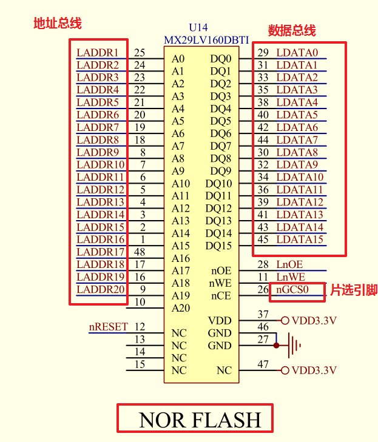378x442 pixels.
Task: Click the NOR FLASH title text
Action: pos(200,420)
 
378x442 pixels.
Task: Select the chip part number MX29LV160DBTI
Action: pos(206,39)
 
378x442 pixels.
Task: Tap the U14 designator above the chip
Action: pos(198,28)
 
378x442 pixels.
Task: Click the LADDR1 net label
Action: pos(98,53)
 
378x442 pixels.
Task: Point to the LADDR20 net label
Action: pos(101,289)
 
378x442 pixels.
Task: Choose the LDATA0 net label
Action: pos(297,53)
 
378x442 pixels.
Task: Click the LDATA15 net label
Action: pos(300,239)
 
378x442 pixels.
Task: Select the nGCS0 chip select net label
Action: pos(292,289)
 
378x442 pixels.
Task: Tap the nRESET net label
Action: pos(109,327)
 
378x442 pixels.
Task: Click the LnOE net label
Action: pos(289,264)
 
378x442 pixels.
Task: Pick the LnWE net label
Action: pos(290,277)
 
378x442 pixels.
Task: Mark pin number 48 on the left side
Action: pos(140,252)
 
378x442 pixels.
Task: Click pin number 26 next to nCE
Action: pos(263,289)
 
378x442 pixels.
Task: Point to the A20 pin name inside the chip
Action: pos(180,308)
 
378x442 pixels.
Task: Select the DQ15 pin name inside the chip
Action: pos(218,246)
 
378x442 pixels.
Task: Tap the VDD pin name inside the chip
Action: pos(220,321)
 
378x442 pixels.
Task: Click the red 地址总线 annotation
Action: pos(57,24)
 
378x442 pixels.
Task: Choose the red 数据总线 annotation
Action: pos(292,30)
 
